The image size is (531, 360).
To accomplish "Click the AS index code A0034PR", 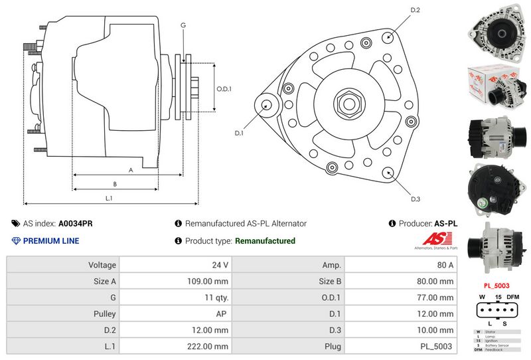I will [x=75, y=224].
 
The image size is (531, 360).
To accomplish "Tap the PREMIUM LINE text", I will [x=50, y=240].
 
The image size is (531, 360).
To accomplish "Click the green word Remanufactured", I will [x=265, y=240].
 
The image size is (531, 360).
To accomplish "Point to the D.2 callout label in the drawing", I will [x=416, y=10].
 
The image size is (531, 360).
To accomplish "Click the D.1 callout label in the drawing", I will [x=239, y=133].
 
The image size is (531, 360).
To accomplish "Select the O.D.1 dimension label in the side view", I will [x=224, y=89].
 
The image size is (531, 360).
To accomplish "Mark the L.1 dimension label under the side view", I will [x=109, y=198].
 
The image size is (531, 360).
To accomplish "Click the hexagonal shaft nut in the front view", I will [x=348, y=104].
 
